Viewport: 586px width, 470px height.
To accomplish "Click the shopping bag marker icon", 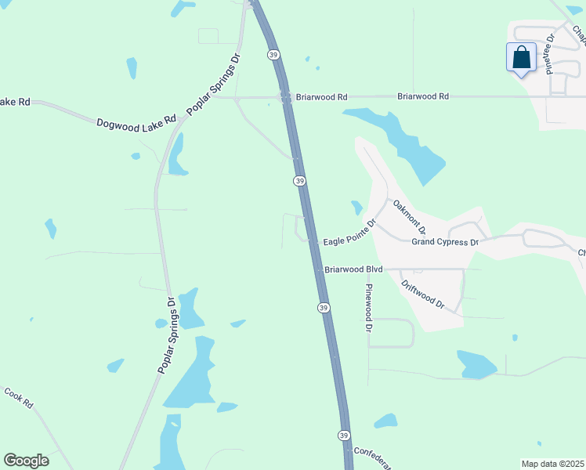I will (522, 57).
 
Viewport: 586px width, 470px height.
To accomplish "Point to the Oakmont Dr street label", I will (409, 217).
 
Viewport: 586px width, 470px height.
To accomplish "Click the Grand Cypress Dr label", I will (445, 242).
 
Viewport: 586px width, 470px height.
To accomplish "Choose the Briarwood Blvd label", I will (353, 269).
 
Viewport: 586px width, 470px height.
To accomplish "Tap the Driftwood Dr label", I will (421, 294).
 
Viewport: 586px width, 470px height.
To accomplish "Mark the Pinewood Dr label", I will (367, 308).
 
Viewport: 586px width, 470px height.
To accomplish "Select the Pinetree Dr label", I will (550, 53).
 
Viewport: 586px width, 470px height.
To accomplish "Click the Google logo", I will (26, 461).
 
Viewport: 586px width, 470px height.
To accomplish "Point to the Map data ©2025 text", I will (552, 464).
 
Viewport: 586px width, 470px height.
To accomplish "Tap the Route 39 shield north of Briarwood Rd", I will (273, 54).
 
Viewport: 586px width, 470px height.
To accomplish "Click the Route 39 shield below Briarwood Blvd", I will (323, 308).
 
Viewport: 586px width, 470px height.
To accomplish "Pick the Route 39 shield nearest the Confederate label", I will (344, 435).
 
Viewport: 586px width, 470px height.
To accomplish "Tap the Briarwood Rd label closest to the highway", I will (321, 97).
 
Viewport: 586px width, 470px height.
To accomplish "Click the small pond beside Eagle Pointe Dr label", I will (356, 208).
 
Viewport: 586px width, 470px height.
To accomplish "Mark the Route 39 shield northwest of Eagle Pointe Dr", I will (299, 181).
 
